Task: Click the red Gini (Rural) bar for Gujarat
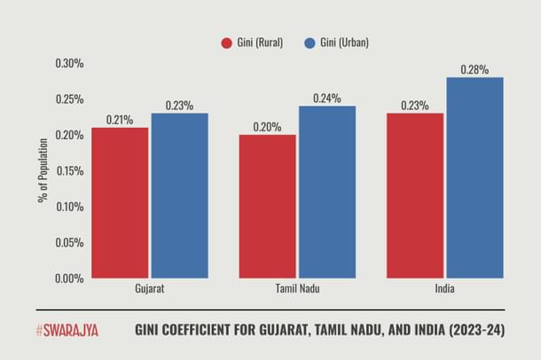coord(120,202)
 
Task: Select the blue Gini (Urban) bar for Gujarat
coord(179,195)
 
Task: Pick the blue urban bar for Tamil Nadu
coord(326,192)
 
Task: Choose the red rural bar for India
coord(414,195)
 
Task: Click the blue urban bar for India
coord(474,177)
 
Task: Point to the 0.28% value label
coord(474,69)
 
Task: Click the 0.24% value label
coord(326,98)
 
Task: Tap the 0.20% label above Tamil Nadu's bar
coord(267,127)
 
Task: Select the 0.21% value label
coord(120,120)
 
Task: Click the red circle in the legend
coord(226,43)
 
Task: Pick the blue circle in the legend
coord(309,43)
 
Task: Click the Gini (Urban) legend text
coord(343,43)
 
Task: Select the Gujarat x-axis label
coord(148,290)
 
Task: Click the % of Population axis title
coord(43,171)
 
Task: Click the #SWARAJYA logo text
coord(67,331)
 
